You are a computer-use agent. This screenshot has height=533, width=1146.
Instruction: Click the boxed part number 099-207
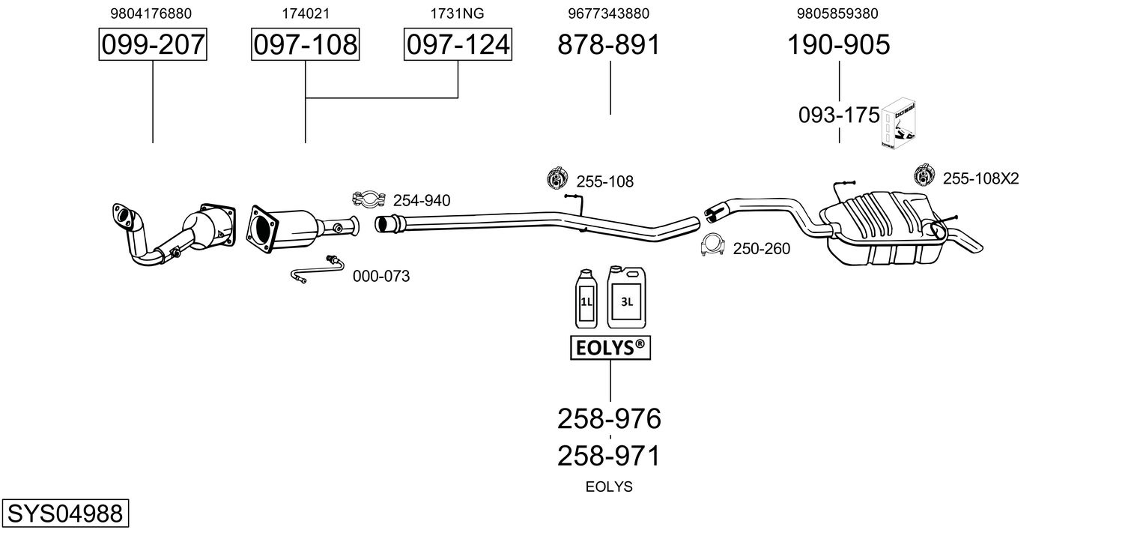coord(153,45)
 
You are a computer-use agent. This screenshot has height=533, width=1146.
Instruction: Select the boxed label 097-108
coord(305,45)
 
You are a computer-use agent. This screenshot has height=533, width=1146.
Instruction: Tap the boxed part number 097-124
coord(458,45)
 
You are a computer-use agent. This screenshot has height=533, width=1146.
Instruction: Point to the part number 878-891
coord(609,45)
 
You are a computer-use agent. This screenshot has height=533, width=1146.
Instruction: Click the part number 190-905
coord(838,45)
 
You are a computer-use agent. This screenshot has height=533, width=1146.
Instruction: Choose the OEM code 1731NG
coord(457,13)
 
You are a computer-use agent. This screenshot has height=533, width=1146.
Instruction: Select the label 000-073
coord(381,277)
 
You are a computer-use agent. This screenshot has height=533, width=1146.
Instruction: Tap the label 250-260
coord(761,249)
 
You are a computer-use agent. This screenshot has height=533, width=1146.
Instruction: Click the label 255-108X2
coord(980,178)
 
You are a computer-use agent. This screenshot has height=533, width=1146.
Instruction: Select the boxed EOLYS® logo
coord(610,348)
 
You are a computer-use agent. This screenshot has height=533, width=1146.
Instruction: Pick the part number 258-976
coord(609,418)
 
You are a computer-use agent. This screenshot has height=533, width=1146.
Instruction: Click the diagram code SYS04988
coord(64,514)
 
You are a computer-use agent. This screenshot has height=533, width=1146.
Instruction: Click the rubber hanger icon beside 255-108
coord(556,178)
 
